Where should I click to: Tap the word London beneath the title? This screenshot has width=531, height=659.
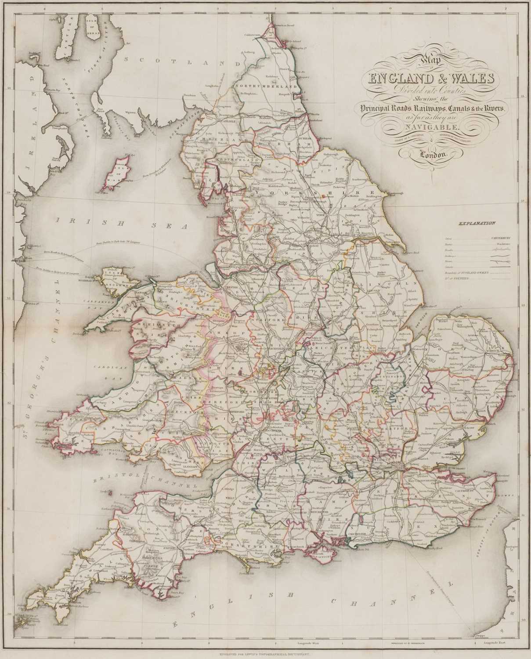[433, 155]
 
